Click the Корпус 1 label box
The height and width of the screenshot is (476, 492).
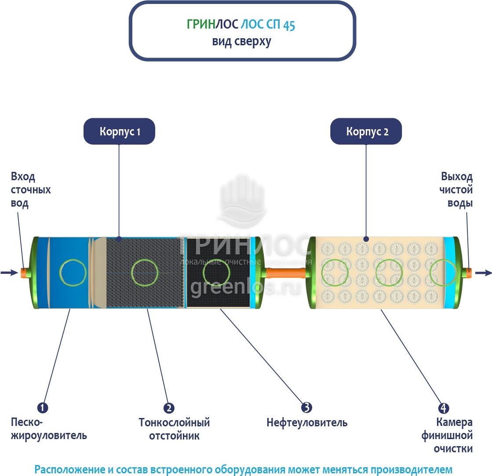(x=119, y=131)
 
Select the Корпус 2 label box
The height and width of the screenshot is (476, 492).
(x=366, y=131)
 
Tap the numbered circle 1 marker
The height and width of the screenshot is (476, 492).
(x=42, y=407)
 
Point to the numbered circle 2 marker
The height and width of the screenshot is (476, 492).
(x=169, y=407)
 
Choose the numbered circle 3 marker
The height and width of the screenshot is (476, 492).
(x=306, y=407)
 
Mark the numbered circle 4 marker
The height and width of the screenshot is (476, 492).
(x=444, y=407)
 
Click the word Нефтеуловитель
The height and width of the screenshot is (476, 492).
(x=307, y=423)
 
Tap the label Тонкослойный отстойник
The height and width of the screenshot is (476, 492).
(x=174, y=429)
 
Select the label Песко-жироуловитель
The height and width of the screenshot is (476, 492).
(x=49, y=429)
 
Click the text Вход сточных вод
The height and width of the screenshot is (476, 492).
(x=30, y=190)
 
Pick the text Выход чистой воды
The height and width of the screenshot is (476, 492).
(x=457, y=190)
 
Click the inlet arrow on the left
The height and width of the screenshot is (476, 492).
(x=9, y=273)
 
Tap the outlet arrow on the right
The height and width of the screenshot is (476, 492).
(x=483, y=273)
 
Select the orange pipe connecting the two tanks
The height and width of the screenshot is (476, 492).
(x=286, y=273)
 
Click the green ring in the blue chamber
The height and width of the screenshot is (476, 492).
(x=73, y=273)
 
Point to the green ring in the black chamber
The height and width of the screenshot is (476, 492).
(x=216, y=273)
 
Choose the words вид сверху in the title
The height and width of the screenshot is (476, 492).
(x=241, y=42)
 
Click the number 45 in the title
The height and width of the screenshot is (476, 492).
(x=289, y=25)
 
